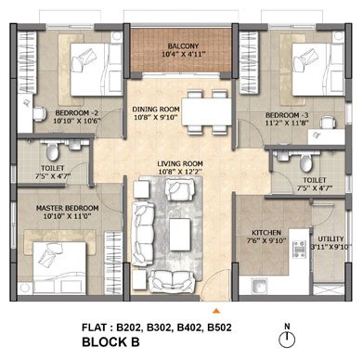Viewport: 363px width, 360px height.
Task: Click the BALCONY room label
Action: (183, 46)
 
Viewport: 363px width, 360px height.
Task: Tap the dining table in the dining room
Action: (206, 111)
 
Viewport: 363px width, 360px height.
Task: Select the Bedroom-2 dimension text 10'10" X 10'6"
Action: (77, 121)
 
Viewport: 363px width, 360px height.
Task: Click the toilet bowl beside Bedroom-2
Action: (53, 151)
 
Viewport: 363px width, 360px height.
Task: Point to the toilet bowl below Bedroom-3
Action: (306, 162)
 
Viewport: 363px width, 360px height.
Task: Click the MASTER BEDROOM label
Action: (68, 208)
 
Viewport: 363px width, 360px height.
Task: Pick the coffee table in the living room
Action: (180, 234)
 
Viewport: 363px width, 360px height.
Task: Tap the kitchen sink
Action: (259, 286)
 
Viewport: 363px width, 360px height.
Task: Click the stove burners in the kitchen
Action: (300, 248)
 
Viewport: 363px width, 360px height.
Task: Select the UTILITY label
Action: (331, 238)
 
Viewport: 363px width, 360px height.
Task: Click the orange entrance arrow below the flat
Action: (216, 311)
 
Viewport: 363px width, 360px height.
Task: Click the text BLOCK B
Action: (110, 342)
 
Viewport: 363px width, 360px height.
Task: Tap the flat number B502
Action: (219, 328)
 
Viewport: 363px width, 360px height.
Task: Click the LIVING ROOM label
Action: (180, 163)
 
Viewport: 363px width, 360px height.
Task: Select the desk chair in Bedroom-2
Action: (39, 114)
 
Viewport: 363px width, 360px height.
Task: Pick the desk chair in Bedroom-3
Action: (328, 122)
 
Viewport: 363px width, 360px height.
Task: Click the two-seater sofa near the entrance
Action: (172, 281)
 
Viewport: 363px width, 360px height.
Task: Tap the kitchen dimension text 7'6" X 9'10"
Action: (266, 240)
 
